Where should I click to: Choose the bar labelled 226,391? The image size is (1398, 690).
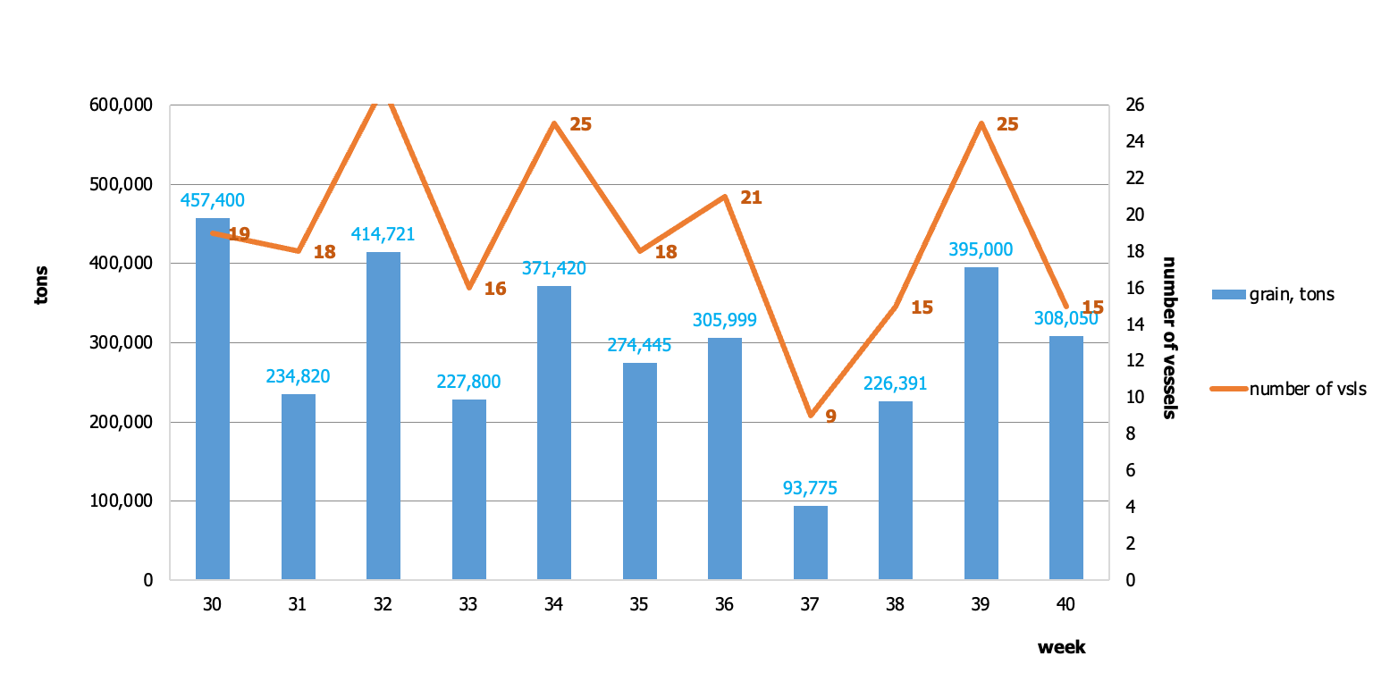896,491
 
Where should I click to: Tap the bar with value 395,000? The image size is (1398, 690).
981,424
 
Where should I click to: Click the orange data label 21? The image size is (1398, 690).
752,198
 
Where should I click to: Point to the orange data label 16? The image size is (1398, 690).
495,289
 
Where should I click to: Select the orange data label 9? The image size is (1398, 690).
831,417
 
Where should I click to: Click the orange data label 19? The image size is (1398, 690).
240,234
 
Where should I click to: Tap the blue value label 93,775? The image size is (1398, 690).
810,488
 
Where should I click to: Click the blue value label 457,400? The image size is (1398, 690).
213,200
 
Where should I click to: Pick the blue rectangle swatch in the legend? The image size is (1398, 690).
1229,294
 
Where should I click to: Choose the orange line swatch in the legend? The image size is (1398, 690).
1229,389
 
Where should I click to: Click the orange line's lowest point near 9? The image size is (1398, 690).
811,416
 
